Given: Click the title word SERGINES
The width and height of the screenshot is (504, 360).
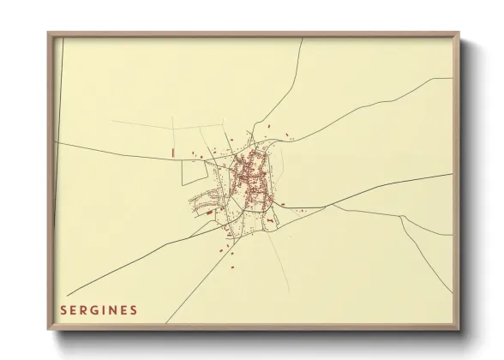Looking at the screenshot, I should click(x=98, y=309).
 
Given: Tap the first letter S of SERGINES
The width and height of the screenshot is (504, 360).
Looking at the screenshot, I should click(x=63, y=309).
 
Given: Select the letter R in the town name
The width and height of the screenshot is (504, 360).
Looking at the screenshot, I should click(x=82, y=309).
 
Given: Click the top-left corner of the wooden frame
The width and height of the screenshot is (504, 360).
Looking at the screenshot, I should click(x=49, y=33).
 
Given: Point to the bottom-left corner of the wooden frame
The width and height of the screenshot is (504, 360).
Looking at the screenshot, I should click(x=49, y=330).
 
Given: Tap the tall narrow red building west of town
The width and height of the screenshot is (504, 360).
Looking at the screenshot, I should click(x=172, y=152).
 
